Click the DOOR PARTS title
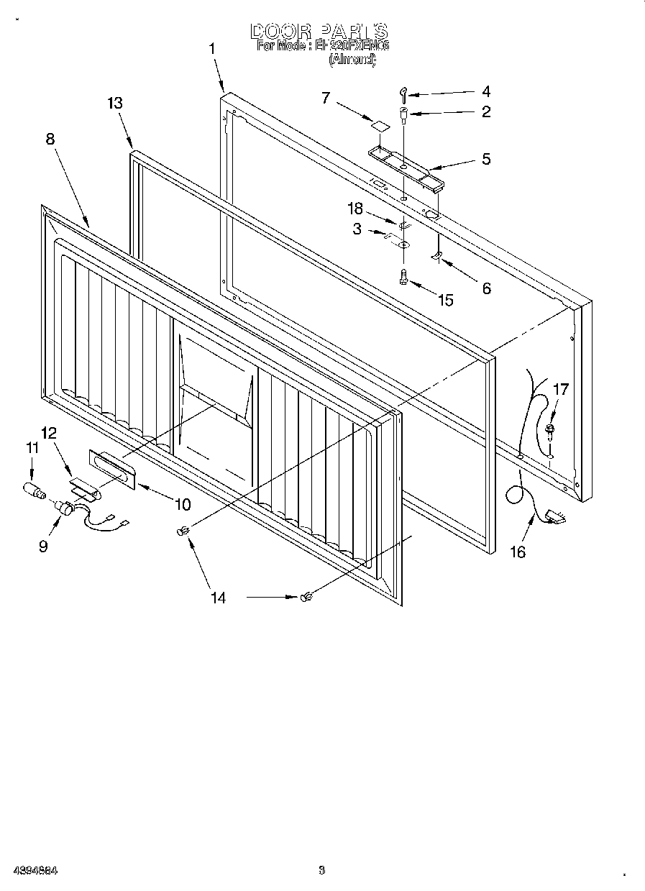[319, 31]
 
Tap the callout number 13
[114, 103]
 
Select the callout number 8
[50, 139]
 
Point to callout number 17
[560, 389]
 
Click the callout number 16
[517, 552]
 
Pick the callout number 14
[218, 597]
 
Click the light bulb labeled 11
[34, 493]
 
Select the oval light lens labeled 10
[112, 470]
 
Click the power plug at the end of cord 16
[554, 515]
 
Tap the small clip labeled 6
[436, 257]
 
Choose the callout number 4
[486, 91]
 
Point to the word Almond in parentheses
[352, 60]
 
